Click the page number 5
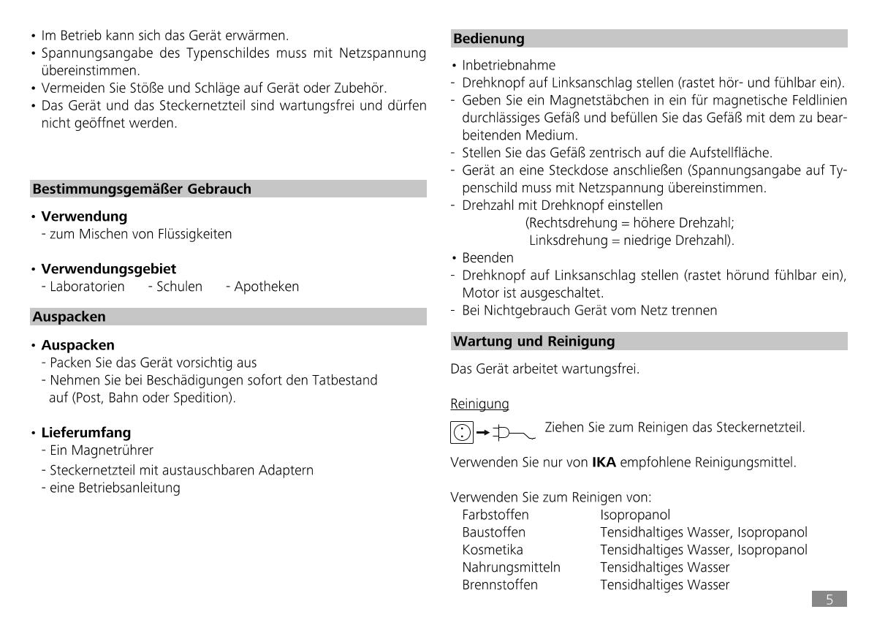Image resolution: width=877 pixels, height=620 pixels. pyautogui.click(x=829, y=600)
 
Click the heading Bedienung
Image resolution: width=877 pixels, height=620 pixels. pyautogui.click(x=489, y=39)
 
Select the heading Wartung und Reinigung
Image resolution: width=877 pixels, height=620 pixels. pyautogui.click(x=534, y=341)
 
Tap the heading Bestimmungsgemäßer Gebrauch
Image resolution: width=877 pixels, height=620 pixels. pyautogui.click(x=142, y=189)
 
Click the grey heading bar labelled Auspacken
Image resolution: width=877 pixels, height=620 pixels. pyautogui.click(x=69, y=317)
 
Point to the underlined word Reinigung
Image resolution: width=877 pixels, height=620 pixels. pyautogui.click(x=479, y=404)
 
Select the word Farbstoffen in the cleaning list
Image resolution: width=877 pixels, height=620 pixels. pyautogui.click(x=495, y=515)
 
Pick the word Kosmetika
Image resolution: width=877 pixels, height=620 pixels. pyautogui.click(x=492, y=550)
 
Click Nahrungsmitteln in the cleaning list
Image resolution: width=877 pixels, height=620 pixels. pyautogui.click(x=511, y=567)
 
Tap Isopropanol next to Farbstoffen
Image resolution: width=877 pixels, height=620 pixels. pyautogui.click(x=635, y=515)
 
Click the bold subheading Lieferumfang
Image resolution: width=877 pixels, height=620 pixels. pyautogui.click(x=86, y=433)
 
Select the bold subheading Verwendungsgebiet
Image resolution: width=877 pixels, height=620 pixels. pyautogui.click(x=108, y=269)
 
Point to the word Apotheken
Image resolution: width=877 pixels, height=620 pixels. pyautogui.click(x=267, y=287)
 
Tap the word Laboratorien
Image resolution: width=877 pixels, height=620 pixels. pyautogui.click(x=87, y=287)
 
